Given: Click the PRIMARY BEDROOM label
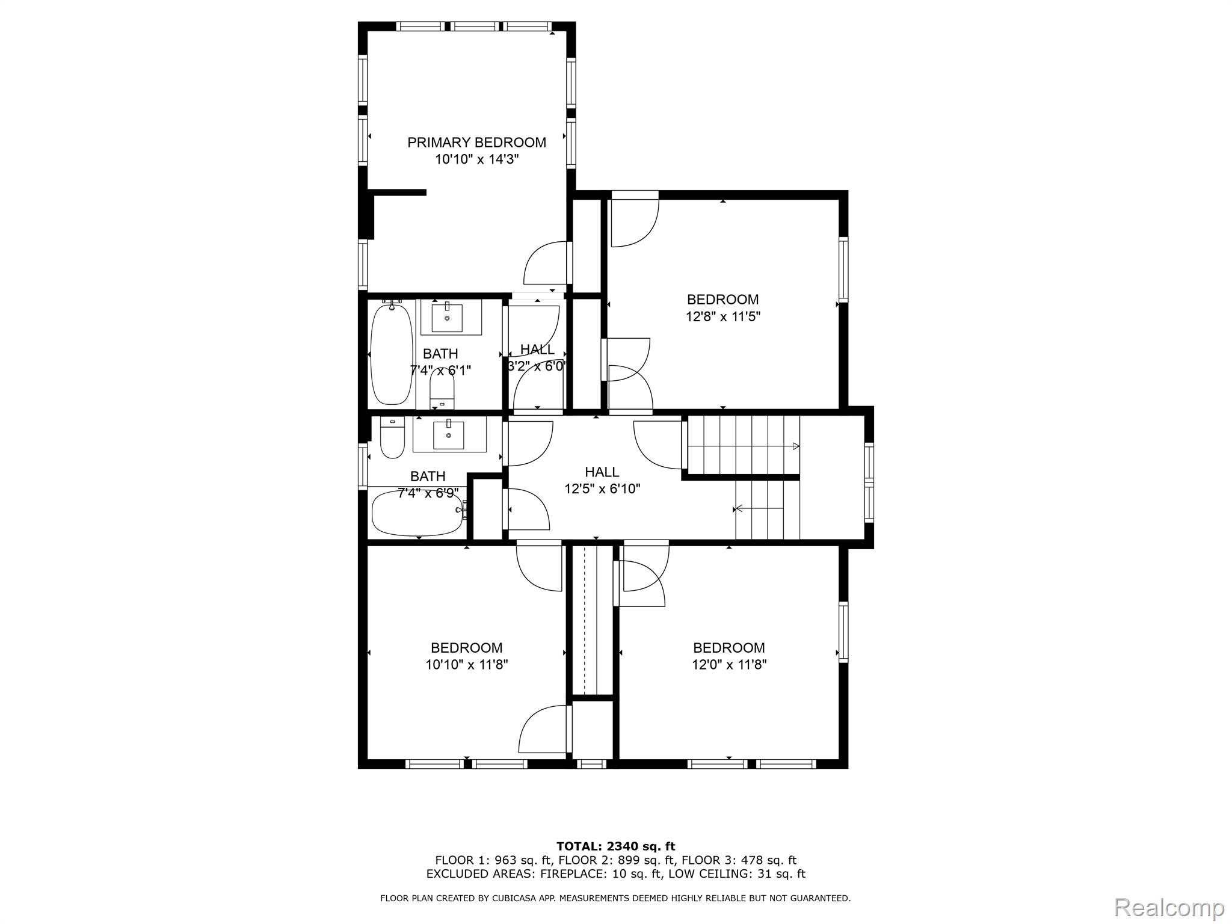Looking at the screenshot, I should (476, 143).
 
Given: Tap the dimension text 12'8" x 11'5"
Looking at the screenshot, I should (723, 316).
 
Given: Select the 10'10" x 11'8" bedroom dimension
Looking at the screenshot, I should (467, 665).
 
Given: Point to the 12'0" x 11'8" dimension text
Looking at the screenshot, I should (729, 665).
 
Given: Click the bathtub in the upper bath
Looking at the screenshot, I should (392, 354).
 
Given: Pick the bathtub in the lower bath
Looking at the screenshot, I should (417, 514).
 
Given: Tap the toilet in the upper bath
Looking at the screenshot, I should (442, 394).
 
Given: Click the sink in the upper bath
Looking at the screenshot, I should (448, 318).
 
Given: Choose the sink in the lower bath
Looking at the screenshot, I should (449, 435).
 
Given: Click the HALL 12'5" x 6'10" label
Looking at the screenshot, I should (602, 481).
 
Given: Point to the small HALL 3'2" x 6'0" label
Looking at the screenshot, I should (537, 358).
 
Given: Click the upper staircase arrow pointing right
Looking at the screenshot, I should (795, 446).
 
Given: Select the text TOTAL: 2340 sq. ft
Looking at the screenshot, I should (615, 846).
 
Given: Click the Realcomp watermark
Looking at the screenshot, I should (1169, 907).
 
